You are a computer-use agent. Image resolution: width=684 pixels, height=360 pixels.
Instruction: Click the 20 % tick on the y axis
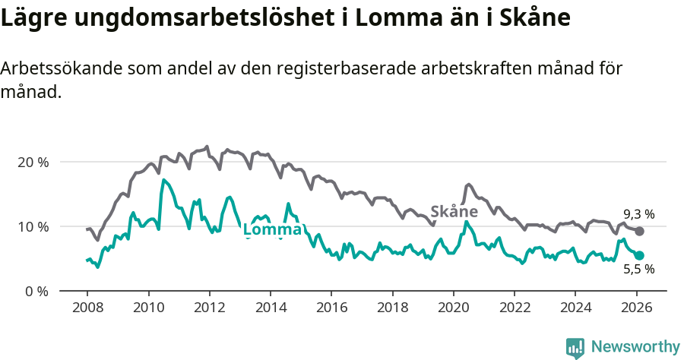32,162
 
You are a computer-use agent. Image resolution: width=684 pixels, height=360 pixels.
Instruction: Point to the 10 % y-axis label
32,226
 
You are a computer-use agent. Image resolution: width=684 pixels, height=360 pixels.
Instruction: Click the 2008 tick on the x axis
87,309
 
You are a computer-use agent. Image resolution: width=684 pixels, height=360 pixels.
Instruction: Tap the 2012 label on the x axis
209,309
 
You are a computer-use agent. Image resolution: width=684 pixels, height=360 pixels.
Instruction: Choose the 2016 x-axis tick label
331,309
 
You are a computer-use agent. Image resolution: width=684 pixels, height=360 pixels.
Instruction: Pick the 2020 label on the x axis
453,309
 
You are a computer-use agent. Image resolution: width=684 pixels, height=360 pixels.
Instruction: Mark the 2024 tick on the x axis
575,309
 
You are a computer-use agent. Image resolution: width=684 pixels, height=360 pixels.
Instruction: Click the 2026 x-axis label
636,309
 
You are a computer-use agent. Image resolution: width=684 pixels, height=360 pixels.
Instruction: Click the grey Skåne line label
454,211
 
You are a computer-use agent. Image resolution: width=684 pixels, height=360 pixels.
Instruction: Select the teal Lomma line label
272,230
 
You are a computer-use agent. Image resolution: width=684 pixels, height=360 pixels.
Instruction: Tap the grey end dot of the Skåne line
639,231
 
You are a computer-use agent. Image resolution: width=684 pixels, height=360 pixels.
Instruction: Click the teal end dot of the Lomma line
639,256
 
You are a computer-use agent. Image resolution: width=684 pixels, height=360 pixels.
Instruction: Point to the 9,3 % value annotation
638,214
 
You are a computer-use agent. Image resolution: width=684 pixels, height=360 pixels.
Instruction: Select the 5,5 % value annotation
638,269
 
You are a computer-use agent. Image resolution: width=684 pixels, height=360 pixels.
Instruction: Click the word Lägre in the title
31,19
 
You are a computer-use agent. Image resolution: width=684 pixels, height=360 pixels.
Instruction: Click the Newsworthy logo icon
575,347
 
